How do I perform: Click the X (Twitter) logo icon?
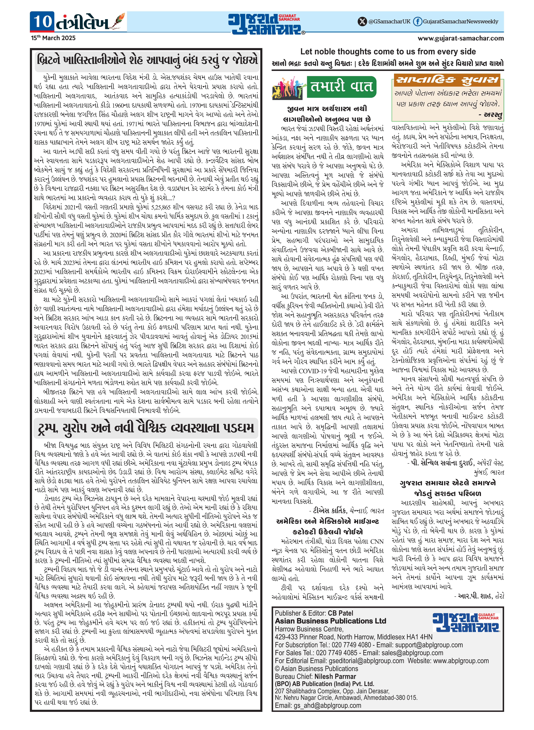tap(362, 22)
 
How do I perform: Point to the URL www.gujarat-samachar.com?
tap(461, 38)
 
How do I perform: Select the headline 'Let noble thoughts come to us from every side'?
tap(388, 52)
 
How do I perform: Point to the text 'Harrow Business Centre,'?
tap(309, 629)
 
